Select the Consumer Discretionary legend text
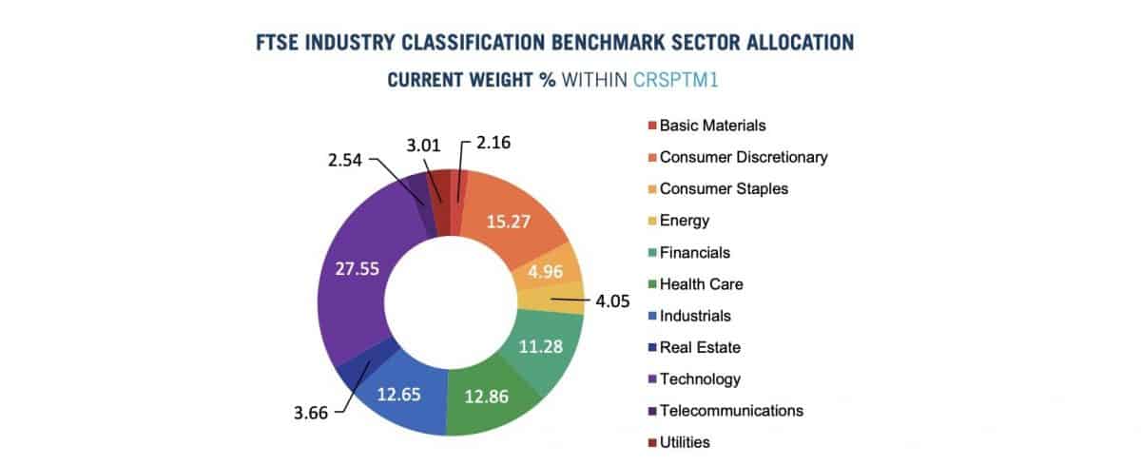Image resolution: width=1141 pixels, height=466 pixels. click(x=743, y=157)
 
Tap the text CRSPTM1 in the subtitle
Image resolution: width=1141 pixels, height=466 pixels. click(x=676, y=80)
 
